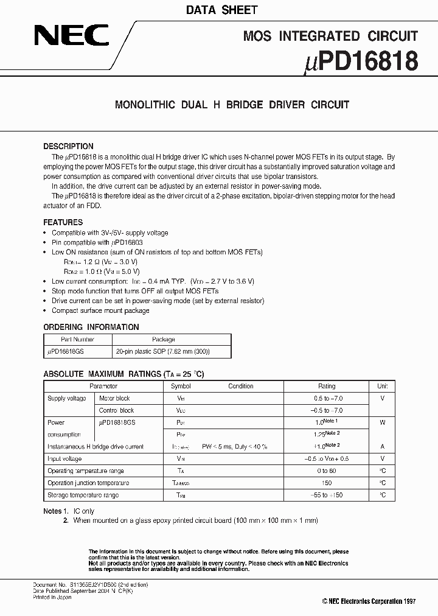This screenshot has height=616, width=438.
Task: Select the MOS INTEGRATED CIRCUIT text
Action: [330, 36]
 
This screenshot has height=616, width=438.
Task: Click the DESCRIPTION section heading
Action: [68, 147]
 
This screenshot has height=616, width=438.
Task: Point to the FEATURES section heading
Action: [63, 223]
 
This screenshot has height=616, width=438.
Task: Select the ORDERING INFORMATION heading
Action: [91, 327]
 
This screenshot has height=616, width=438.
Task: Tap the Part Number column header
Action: [77, 340]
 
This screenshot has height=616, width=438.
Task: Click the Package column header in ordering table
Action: [163, 340]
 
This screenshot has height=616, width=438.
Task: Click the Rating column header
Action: [327, 386]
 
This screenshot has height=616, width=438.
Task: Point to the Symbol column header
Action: [181, 386]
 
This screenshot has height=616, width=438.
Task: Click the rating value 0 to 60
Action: [327, 471]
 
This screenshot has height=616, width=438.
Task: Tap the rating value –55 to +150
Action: [327, 495]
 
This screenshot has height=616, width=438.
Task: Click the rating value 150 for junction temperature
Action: [327, 483]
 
